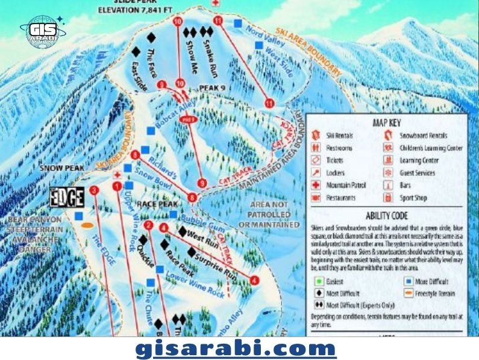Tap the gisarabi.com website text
pos(235,349)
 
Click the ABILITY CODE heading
pos(386,215)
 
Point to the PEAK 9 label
pos(214,88)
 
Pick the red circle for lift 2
pos(148,226)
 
